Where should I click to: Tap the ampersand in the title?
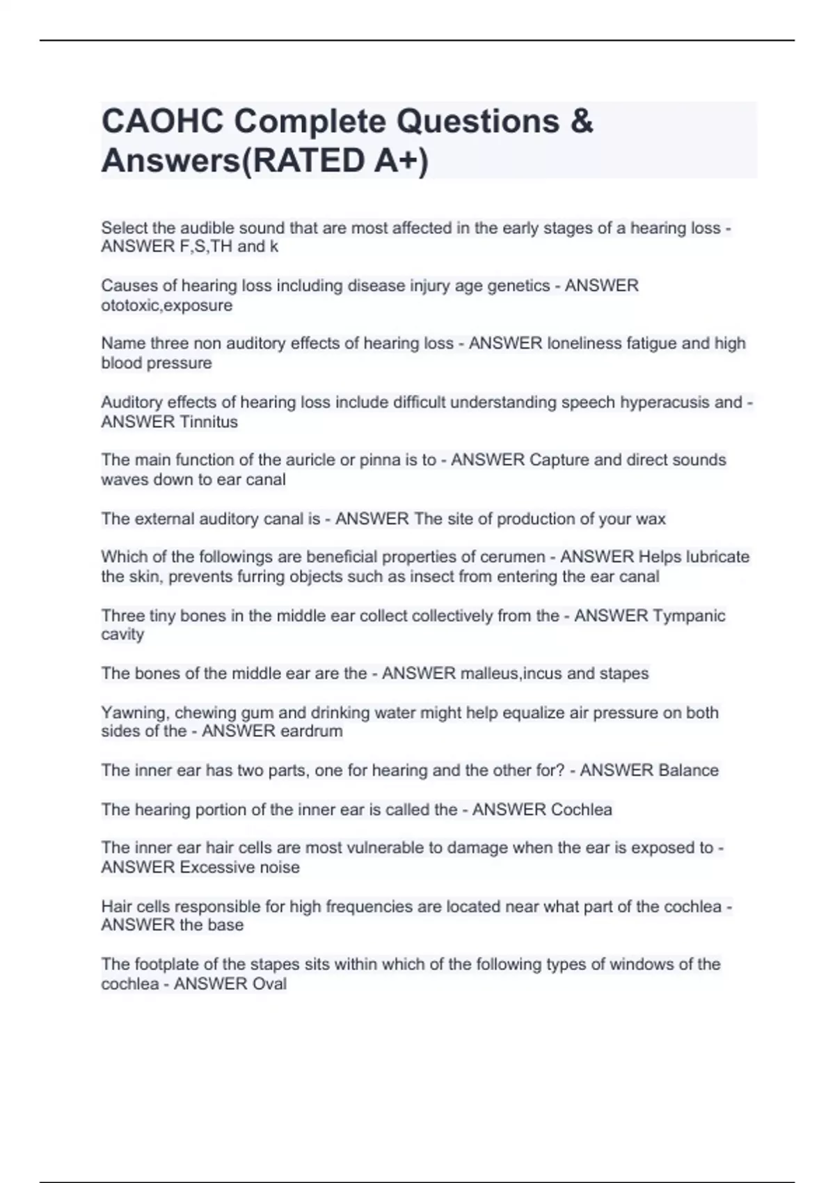pos(581,121)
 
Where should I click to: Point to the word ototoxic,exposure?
pos(167,305)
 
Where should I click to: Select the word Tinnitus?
pos(209,422)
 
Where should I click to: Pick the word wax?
pos(651,518)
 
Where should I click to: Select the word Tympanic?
pos(690,616)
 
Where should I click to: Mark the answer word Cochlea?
pos(582,809)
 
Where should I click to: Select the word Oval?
pos(270,984)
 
